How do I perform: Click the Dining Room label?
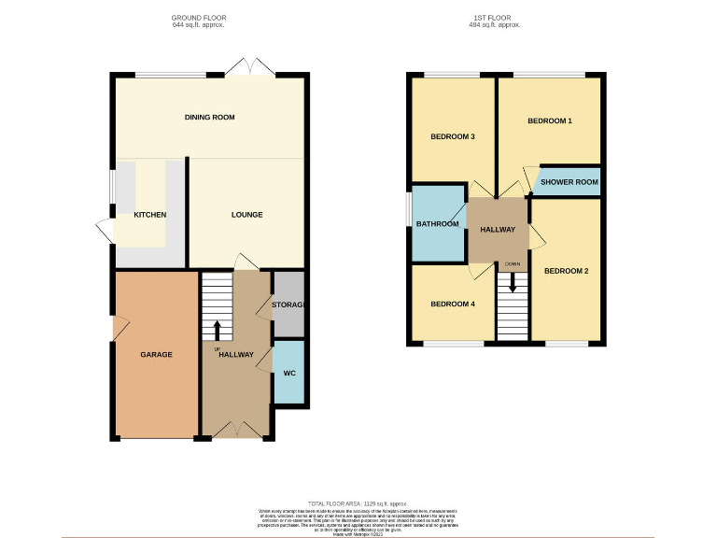tap(209, 117)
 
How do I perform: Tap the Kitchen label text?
tap(149, 215)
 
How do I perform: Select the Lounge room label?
tap(247, 215)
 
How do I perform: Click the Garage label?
tap(156, 355)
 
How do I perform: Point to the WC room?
tap(288, 374)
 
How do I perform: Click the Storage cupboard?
tap(288, 304)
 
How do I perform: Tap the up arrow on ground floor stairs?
tap(218, 330)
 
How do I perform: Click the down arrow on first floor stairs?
tap(512, 277)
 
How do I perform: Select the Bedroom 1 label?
tap(549, 121)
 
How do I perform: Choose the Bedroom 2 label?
tap(566, 272)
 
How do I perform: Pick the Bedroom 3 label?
tap(453, 136)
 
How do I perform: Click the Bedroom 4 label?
tap(453, 304)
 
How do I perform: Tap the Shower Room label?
tap(569, 182)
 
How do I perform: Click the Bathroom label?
tap(438, 224)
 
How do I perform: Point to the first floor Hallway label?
tap(498, 230)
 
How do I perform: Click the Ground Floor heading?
tap(198, 18)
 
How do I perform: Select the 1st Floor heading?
tap(496, 18)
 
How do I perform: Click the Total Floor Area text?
tap(358, 503)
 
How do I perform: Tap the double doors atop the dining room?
tap(245, 69)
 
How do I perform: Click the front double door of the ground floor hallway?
tap(234, 431)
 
